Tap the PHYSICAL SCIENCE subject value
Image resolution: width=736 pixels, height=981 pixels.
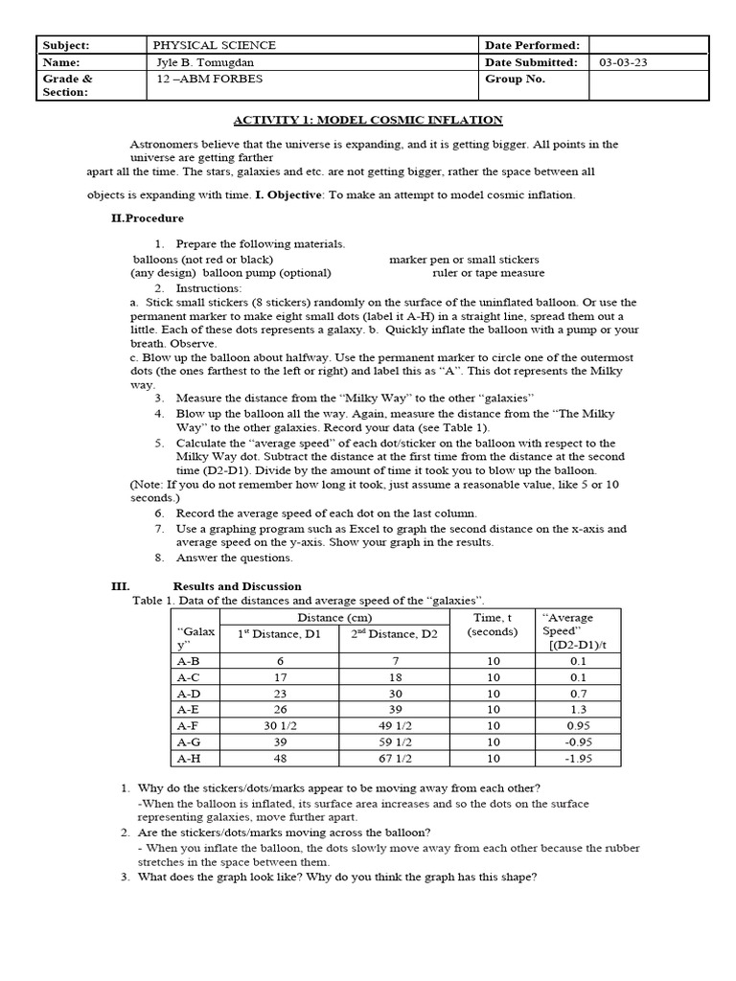[x=215, y=45]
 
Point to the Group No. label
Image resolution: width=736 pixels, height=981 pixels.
[x=515, y=80]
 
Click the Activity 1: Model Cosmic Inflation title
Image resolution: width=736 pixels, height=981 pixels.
[x=369, y=120]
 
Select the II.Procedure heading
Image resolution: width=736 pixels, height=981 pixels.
[x=148, y=218]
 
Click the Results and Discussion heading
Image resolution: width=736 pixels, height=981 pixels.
[x=237, y=585]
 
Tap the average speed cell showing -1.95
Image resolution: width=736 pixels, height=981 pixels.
[x=578, y=758]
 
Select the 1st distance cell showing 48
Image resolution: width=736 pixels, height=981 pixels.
[x=281, y=758]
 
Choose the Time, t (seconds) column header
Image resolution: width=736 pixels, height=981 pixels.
[x=493, y=625]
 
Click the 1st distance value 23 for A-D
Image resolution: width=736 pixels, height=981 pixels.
[x=281, y=693]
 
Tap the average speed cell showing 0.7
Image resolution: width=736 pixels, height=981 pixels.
[x=578, y=693]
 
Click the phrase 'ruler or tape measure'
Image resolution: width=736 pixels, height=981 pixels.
[x=489, y=273]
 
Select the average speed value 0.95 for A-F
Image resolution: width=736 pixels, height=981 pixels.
[x=578, y=724]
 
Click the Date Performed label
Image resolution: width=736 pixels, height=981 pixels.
[x=533, y=45]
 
